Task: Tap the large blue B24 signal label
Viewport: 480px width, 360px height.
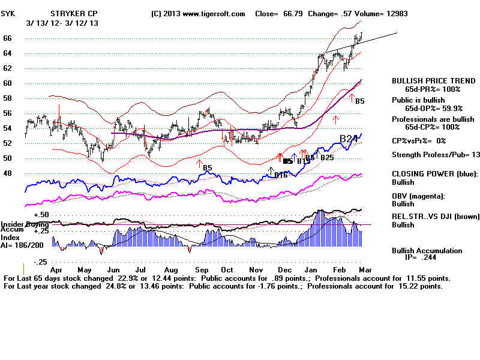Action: tap(350, 139)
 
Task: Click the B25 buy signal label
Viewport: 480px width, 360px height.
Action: tap(326, 158)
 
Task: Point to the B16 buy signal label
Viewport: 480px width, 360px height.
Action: tap(280, 175)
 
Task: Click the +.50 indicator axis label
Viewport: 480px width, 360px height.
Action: tap(41, 215)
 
